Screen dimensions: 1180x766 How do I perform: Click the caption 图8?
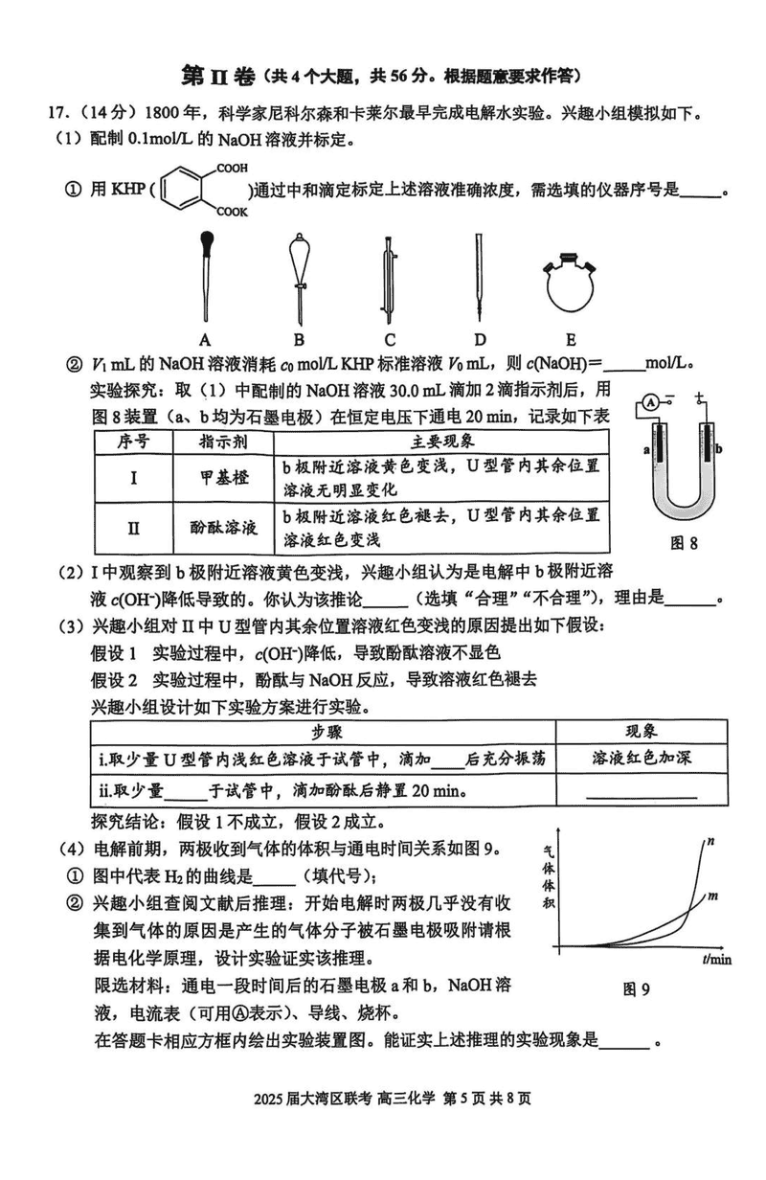683,542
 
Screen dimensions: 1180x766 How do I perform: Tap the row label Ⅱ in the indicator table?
134,528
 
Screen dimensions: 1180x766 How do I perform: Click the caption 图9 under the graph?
636,989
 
